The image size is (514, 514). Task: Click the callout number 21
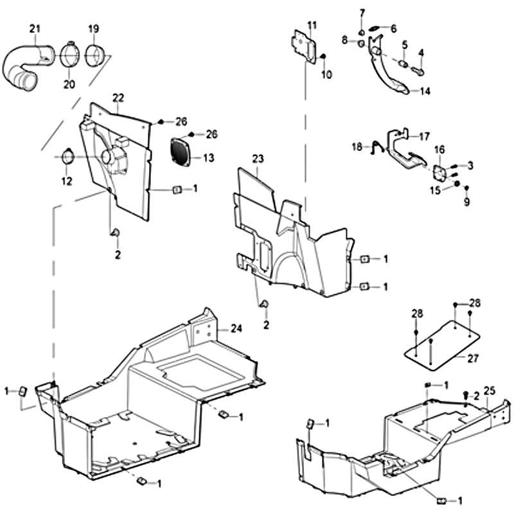coord(35,28)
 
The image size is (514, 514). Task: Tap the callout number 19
coord(94,28)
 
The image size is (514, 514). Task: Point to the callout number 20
coord(69,84)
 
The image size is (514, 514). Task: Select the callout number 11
coord(312,25)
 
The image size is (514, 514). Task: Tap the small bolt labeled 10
coord(323,58)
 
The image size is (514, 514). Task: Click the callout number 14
coord(425,91)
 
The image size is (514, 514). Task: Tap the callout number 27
coord(474,359)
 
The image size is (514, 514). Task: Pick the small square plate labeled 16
coord(440,173)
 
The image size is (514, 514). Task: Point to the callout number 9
coord(467,202)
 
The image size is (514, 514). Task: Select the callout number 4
coord(421,53)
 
